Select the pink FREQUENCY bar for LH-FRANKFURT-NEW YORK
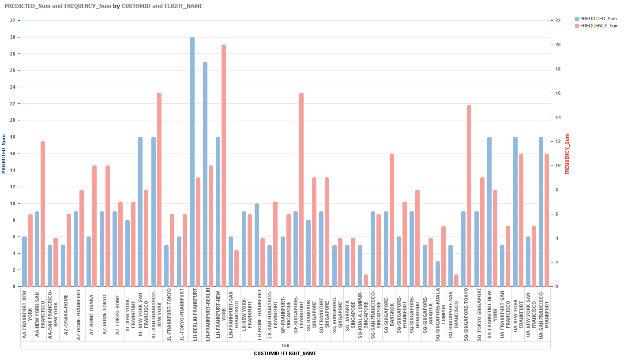pyautogui.click(x=224, y=165)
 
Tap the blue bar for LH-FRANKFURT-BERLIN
pyautogui.click(x=205, y=174)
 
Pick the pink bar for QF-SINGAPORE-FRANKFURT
pyautogui.click(x=301, y=190)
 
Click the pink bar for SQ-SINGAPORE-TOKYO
pyautogui.click(x=469, y=196)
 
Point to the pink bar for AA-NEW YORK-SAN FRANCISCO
pyautogui.click(x=43, y=214)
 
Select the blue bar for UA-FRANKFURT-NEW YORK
pyautogui.click(x=489, y=212)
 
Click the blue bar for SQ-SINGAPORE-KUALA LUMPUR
pyautogui.click(x=438, y=274)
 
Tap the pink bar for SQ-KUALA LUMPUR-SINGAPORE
pyautogui.click(x=366, y=281)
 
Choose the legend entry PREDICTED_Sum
pyautogui.click(x=598, y=19)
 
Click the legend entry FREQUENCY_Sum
pyautogui.click(x=599, y=26)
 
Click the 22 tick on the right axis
pyautogui.click(x=558, y=20)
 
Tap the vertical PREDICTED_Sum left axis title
pyautogui.click(x=4, y=154)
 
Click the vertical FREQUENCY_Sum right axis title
pyautogui.click(x=568, y=154)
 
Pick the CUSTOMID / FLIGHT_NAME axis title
pyautogui.click(x=285, y=353)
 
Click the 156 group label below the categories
pyautogui.click(x=285, y=345)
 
